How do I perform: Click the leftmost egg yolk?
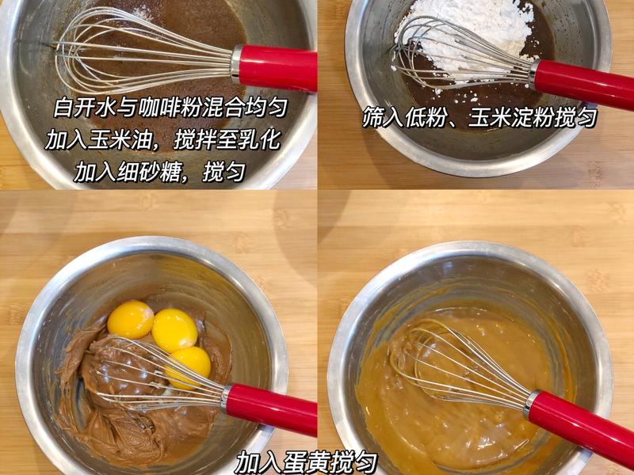(130, 319)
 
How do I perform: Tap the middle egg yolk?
(174, 329)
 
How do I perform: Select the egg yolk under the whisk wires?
(189, 367)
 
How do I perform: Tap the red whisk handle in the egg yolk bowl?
(271, 408)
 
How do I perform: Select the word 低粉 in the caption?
(427, 117)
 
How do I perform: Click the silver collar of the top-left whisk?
(235, 63)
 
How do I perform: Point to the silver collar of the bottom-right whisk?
(532, 404)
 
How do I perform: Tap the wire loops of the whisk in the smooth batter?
(457, 359)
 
